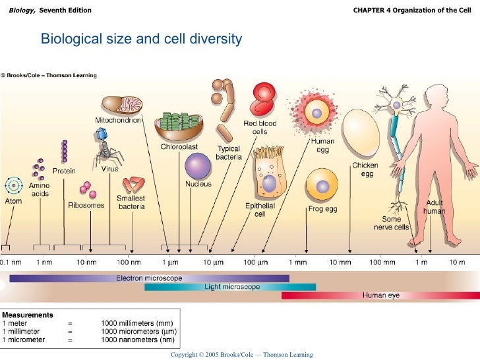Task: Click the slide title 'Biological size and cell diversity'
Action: (x=141, y=40)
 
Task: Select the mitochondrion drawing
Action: (x=121, y=105)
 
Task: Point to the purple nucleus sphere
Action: (x=198, y=165)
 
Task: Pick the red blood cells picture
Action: (x=263, y=100)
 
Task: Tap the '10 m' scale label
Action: (x=457, y=263)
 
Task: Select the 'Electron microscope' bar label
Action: (x=149, y=278)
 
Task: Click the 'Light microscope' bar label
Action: (x=232, y=287)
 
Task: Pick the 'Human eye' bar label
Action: (x=380, y=295)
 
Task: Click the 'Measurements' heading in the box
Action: (x=27, y=315)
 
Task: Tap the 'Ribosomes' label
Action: (x=86, y=206)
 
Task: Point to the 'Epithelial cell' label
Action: (x=260, y=210)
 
